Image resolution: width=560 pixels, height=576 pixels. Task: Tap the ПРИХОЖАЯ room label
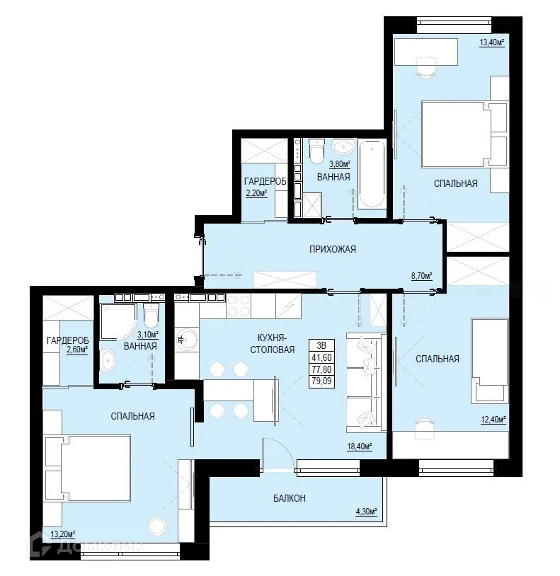tap(331, 249)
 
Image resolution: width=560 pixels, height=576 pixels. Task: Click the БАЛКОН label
tap(290, 498)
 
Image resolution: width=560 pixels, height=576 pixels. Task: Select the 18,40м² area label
tap(359, 446)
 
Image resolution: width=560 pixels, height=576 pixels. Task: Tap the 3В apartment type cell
tap(321, 346)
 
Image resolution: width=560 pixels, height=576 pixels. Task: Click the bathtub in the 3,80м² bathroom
tap(372, 174)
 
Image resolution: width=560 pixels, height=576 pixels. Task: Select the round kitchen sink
tap(188, 341)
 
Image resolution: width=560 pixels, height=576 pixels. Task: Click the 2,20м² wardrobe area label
tap(256, 192)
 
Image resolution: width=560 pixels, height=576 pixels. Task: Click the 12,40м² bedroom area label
tap(493, 420)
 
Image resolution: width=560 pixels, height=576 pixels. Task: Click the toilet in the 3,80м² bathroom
tap(316, 151)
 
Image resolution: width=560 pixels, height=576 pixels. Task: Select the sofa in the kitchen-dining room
tap(365, 381)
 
